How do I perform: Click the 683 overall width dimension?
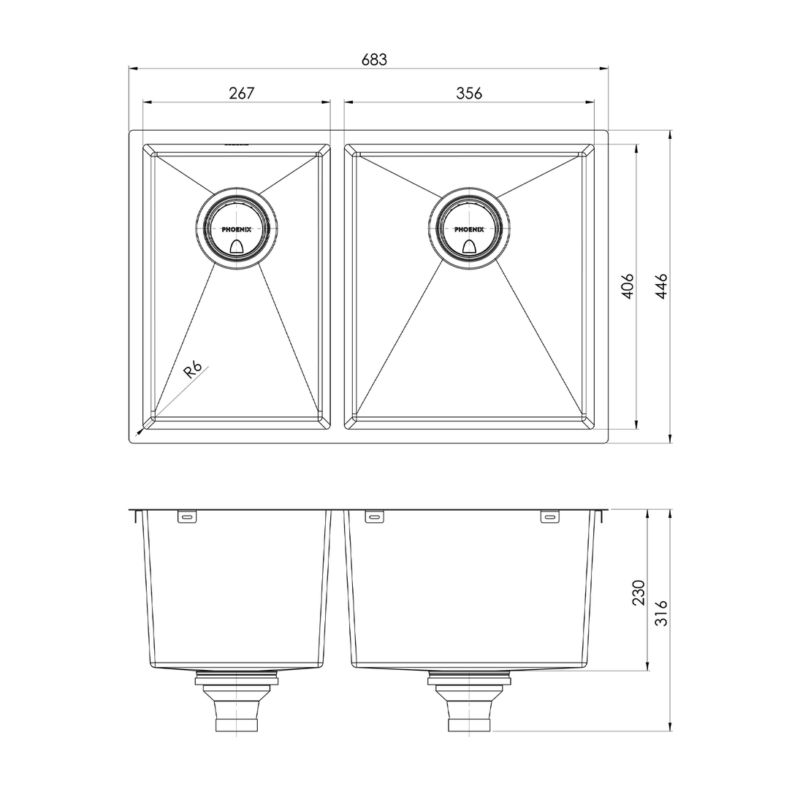click(374, 60)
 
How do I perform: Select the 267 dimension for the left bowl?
click(241, 94)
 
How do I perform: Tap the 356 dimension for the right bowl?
click(469, 94)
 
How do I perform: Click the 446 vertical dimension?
click(661, 286)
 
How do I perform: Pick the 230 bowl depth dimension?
click(639, 592)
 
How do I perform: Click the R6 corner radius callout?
click(192, 370)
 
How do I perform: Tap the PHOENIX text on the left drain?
click(236, 229)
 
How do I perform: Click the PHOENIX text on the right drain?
click(469, 229)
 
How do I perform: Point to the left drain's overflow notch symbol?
click(236, 247)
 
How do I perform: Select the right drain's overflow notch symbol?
click(469, 247)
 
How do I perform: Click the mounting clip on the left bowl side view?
click(186, 517)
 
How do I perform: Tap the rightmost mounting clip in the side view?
click(549, 517)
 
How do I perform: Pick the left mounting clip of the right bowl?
click(374, 517)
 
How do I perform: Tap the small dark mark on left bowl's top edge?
click(236, 145)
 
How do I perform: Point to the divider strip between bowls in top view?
click(337, 286)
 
